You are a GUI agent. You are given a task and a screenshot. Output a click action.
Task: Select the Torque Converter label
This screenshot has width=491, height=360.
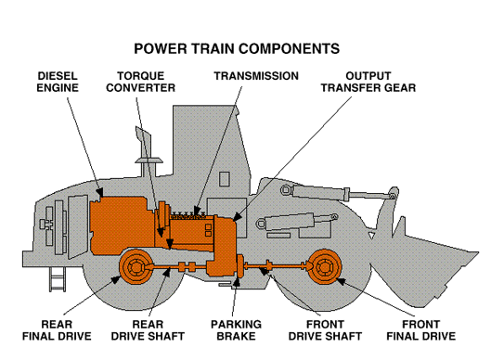point(141,82)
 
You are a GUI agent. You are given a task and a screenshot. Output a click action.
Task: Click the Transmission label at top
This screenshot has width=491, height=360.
point(256,75)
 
